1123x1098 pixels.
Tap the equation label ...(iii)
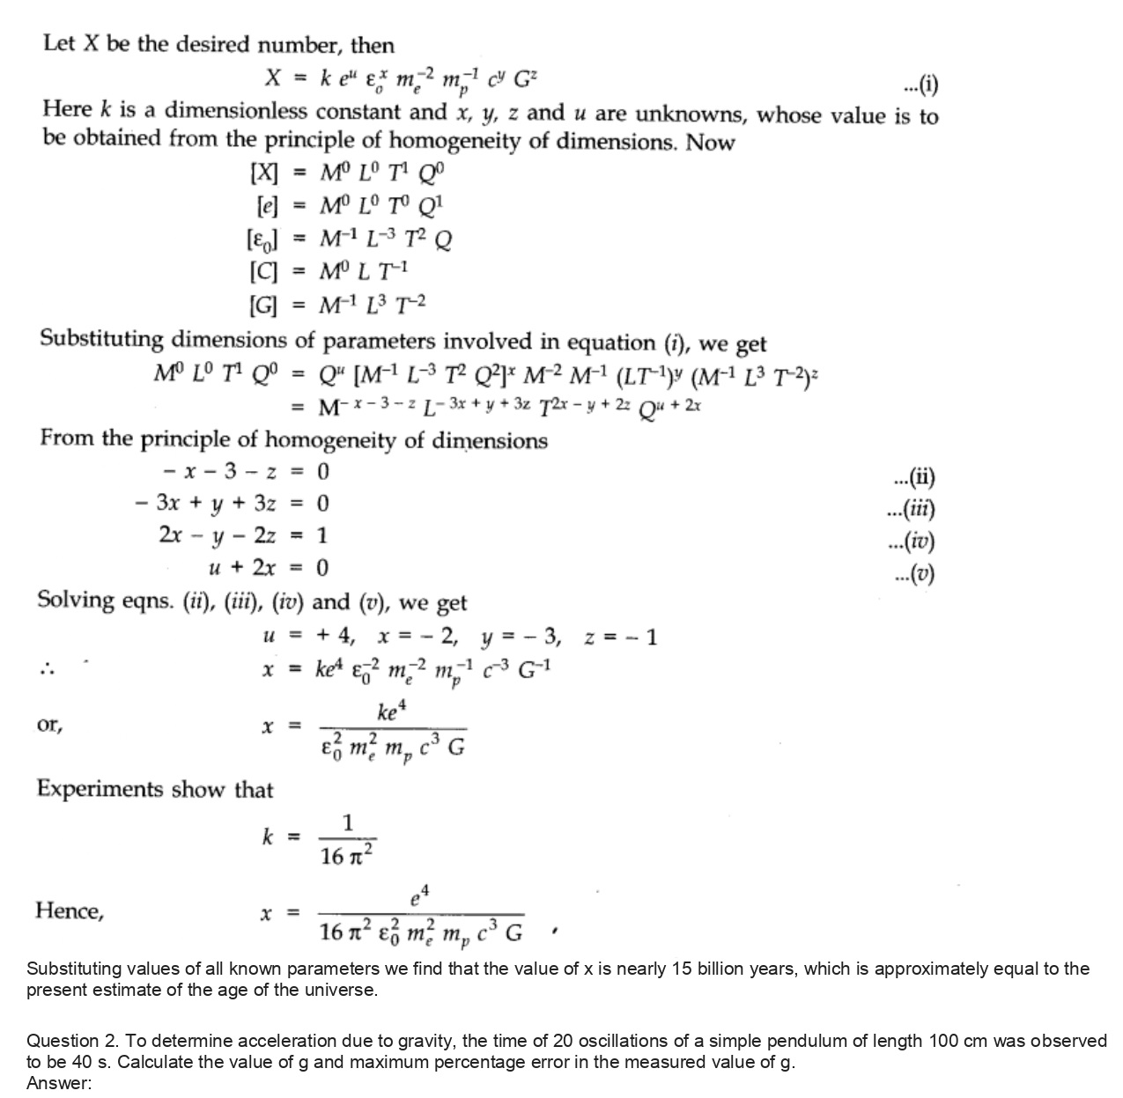(913, 510)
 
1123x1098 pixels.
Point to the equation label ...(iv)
(913, 542)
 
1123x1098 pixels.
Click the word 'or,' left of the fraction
(49, 726)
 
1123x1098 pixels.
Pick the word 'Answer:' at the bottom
(59, 1083)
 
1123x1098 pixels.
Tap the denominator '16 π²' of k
(347, 854)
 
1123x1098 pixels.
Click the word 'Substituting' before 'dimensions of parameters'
(102, 339)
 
